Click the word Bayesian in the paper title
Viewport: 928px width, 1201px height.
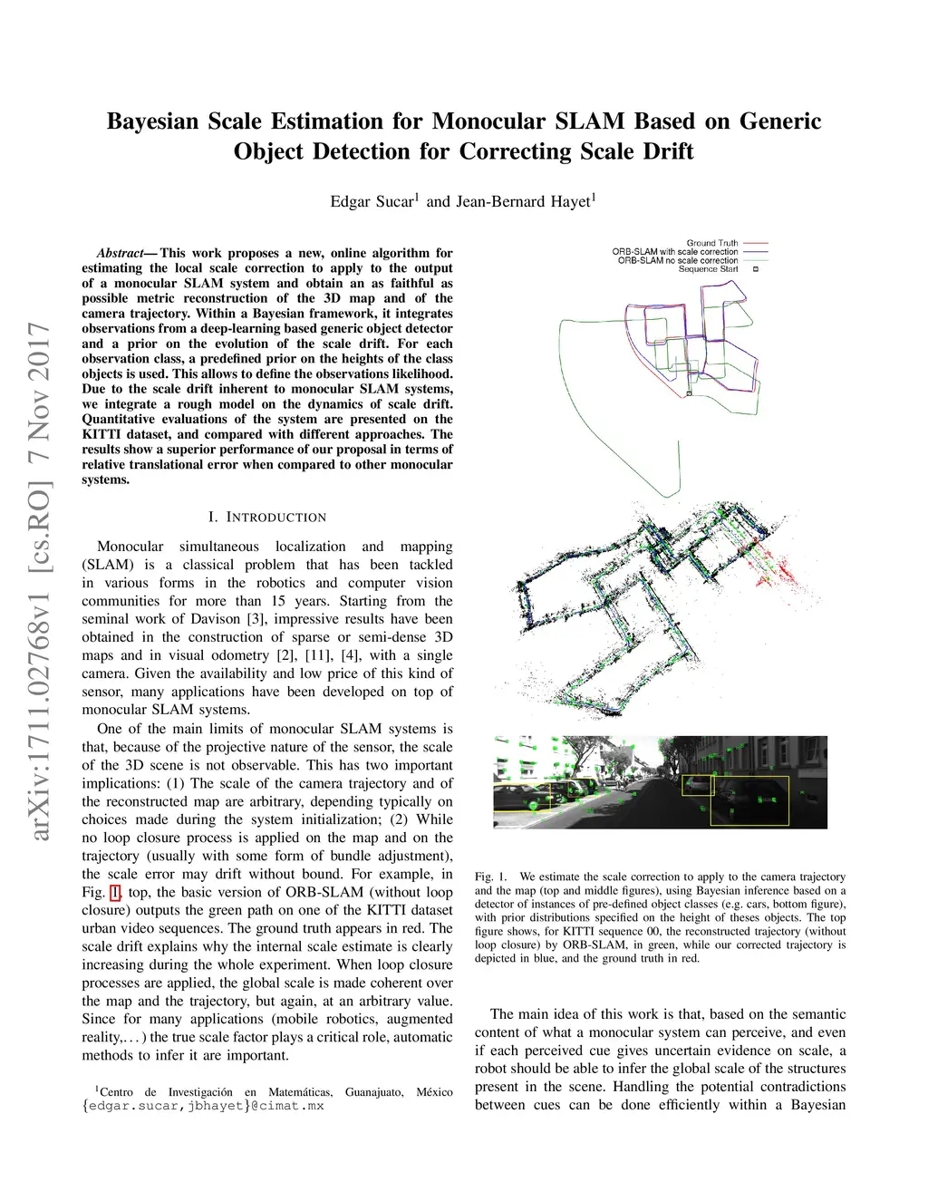click(x=153, y=121)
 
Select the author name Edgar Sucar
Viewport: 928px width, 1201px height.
click(x=372, y=201)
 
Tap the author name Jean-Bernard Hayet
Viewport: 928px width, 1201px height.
click(x=523, y=201)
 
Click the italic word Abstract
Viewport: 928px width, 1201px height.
click(x=121, y=253)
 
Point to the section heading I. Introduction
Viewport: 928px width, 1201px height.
click(x=267, y=517)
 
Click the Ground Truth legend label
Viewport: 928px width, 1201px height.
click(x=712, y=243)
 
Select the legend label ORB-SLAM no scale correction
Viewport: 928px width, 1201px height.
click(x=678, y=260)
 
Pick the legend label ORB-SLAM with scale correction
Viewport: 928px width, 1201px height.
click(x=675, y=251)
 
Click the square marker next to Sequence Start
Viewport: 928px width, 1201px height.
click(x=756, y=269)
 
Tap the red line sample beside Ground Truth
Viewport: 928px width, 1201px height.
click(x=756, y=243)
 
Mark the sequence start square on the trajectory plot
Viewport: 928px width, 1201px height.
click(x=689, y=393)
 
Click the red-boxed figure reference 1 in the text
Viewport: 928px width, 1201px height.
click(x=115, y=893)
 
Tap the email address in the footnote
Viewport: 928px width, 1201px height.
click(x=203, y=1106)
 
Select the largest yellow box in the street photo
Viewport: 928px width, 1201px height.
click(x=749, y=801)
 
